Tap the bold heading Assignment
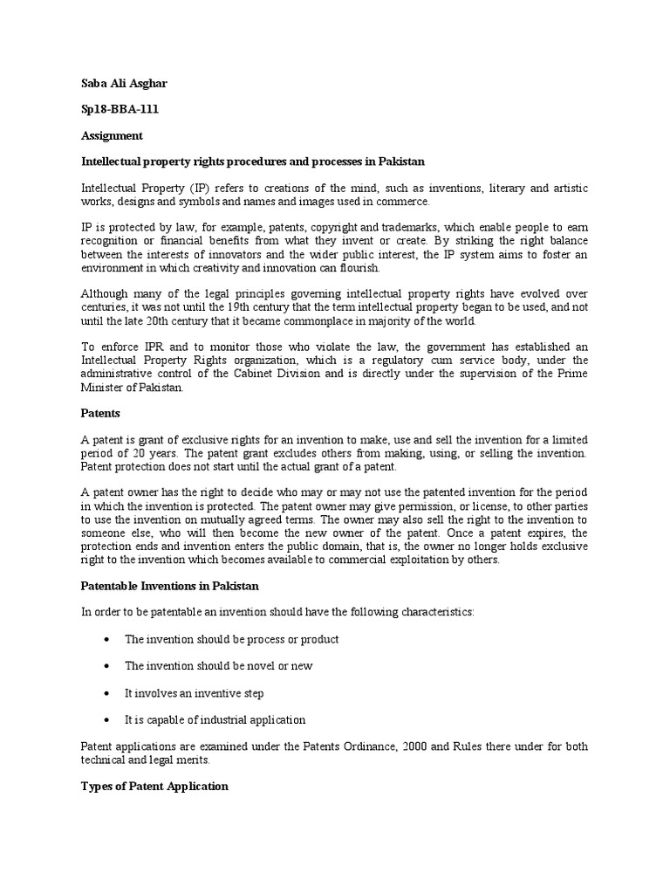click(112, 136)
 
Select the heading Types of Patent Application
click(154, 786)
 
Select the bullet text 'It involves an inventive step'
click(194, 693)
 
